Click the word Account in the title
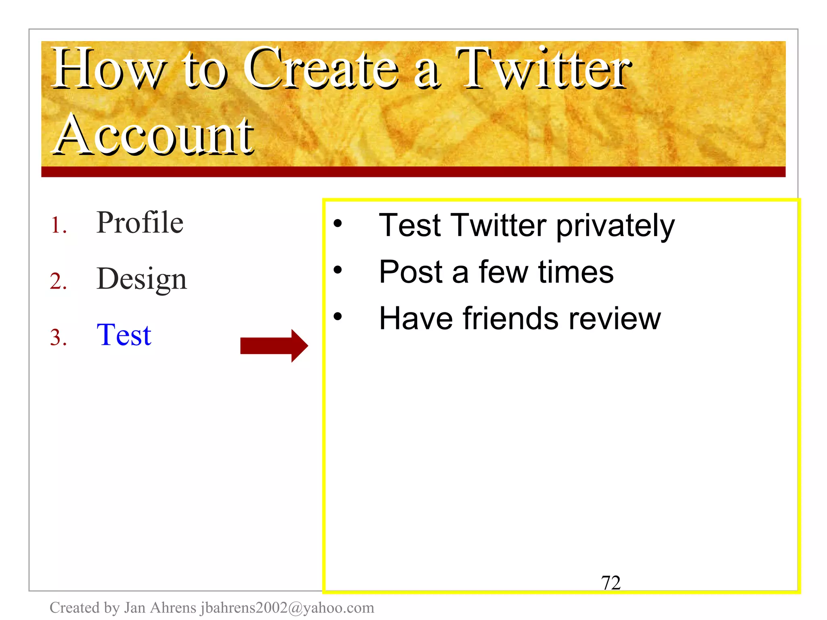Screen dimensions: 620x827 click(x=153, y=135)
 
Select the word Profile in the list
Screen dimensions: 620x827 click(x=140, y=223)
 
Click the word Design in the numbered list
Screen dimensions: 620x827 click(x=142, y=279)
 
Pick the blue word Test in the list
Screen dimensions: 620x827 click(x=124, y=335)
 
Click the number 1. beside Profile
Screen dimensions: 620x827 click(x=58, y=225)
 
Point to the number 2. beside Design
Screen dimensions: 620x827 click(x=58, y=281)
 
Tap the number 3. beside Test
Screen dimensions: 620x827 click(x=58, y=337)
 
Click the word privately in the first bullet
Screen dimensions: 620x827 click(x=615, y=226)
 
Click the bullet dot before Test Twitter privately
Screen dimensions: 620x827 click(x=338, y=223)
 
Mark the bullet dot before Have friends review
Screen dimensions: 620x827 click(x=338, y=316)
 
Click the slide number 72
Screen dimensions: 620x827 click(x=611, y=583)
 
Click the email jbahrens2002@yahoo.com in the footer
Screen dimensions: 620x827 click(x=287, y=608)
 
